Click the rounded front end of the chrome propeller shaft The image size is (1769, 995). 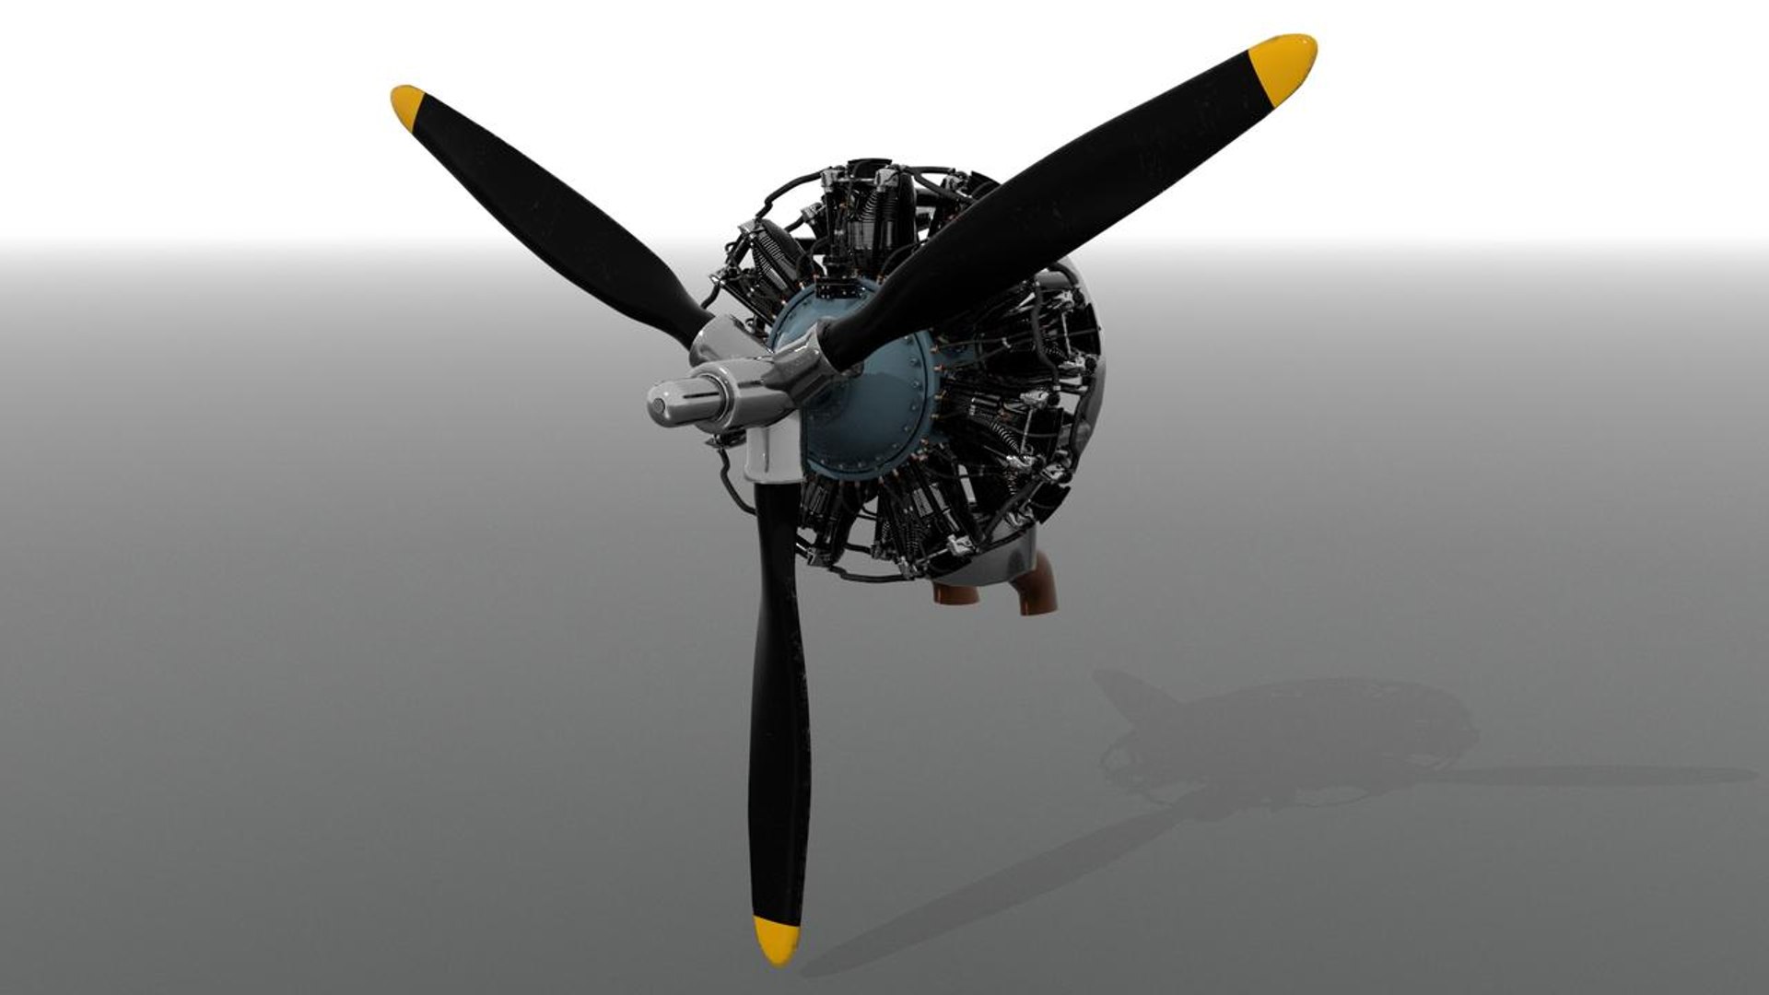(661, 404)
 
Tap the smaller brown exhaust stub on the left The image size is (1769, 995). (955, 593)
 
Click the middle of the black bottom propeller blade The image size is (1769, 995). (779, 700)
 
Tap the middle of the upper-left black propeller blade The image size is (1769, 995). (553, 221)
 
